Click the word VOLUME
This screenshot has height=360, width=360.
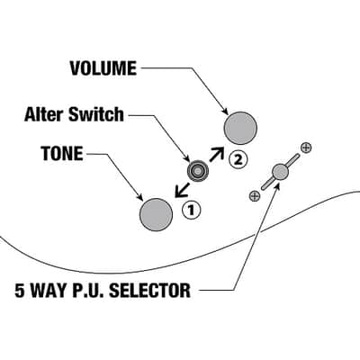point(103,68)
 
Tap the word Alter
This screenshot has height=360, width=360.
point(44,114)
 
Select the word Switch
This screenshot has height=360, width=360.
point(96,114)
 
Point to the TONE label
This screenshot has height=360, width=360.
point(62,153)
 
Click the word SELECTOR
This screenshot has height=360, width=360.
point(149,290)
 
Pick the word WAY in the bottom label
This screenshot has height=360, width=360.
point(49,290)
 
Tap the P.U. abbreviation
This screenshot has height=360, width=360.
point(88,290)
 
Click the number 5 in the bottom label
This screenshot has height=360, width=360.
point(20,290)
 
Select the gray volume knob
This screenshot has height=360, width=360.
point(240,128)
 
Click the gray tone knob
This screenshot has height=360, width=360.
point(156,214)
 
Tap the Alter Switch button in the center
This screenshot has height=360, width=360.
point(198,171)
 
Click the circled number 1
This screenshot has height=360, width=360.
point(191,211)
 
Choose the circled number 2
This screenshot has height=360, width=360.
point(238,160)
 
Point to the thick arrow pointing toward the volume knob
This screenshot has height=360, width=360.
point(217,154)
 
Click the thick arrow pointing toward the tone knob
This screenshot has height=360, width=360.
point(183,190)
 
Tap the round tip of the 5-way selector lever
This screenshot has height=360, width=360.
point(281,172)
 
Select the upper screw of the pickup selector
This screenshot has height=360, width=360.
point(306,148)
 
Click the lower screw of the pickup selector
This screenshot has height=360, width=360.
point(255,196)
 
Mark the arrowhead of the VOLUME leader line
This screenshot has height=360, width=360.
point(224,112)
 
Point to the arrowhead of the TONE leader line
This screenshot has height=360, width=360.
point(139,197)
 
